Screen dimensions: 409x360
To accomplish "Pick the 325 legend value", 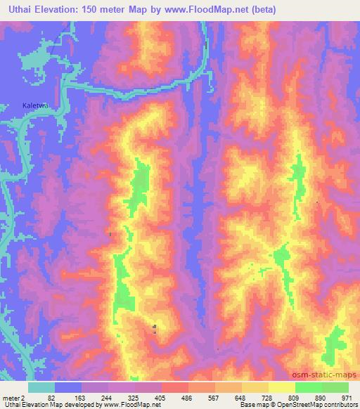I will pos(135,398).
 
